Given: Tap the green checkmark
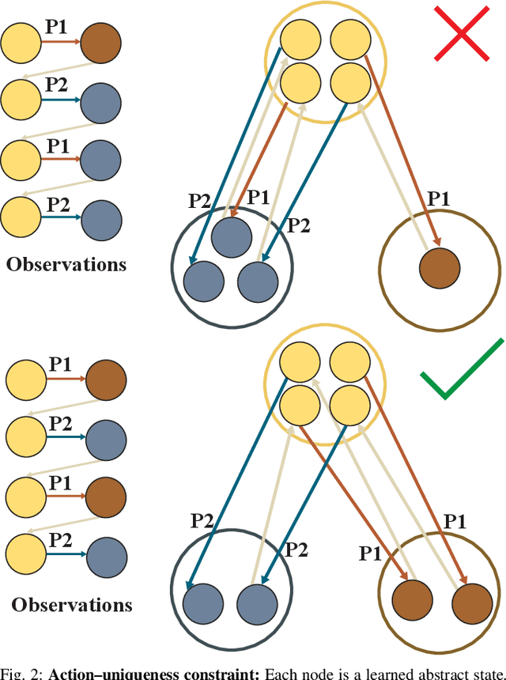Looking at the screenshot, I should tap(462, 371).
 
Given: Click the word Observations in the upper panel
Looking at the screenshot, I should tap(66, 264).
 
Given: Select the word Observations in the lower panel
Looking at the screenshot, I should tap(72, 605).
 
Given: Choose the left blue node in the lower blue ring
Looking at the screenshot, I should tap(202, 603).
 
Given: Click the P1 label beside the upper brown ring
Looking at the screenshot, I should tap(437, 198).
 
